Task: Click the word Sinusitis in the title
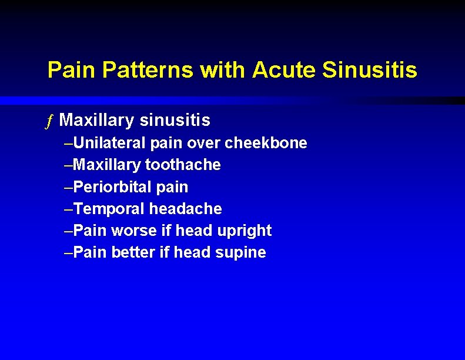coord(370,70)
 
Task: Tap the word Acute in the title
coord(285,70)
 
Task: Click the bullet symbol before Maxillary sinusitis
coord(51,121)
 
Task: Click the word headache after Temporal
coord(185,209)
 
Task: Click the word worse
coord(133,231)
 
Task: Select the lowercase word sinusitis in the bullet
coord(175,121)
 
